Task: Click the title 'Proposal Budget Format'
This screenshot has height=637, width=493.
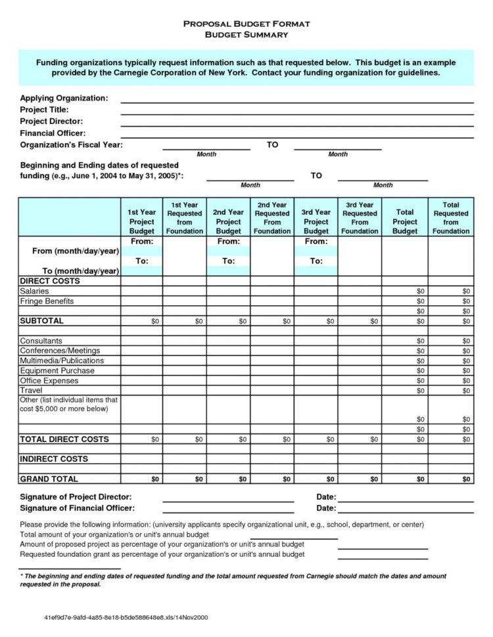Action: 246,24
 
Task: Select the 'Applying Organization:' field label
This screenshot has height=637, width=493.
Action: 64,98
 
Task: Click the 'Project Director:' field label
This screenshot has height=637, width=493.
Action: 51,121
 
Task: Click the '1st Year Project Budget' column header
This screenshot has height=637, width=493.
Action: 141,222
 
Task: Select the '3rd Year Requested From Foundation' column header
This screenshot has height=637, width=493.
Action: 360,218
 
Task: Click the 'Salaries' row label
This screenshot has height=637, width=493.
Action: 34,291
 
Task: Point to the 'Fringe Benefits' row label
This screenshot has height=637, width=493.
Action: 47,301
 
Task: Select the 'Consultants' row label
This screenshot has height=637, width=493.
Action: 41,341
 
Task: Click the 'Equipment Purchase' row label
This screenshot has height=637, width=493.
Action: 57,370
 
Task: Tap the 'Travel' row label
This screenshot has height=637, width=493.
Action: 31,390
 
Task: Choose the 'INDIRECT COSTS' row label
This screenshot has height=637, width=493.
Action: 54,459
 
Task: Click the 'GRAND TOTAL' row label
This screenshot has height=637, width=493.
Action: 49,479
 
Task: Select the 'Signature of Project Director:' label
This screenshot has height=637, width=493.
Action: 76,496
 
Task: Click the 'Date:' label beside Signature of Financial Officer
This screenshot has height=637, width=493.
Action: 326,508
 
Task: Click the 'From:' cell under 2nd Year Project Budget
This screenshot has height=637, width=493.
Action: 228,242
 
